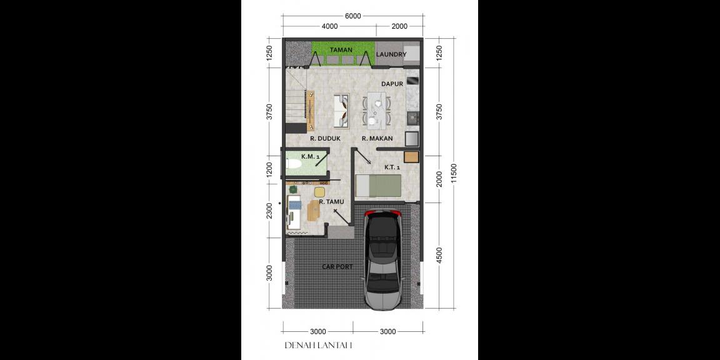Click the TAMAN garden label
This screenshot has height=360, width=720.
pyautogui.click(x=341, y=50)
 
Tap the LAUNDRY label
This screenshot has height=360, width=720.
pyautogui.click(x=391, y=55)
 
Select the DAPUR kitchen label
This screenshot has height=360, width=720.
pyautogui.click(x=392, y=84)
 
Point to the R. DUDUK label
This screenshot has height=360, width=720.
pyautogui.click(x=324, y=139)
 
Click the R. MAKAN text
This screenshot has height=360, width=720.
pyautogui.click(x=377, y=139)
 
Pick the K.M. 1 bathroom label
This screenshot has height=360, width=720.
pyautogui.click(x=311, y=156)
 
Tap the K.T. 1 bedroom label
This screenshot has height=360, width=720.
pyautogui.click(x=392, y=167)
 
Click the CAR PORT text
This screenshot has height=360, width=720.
pyautogui.click(x=337, y=267)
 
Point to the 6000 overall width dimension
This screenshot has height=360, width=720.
pyautogui.click(x=352, y=16)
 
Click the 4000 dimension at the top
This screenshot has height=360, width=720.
pyautogui.click(x=329, y=26)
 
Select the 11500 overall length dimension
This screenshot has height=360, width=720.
pyautogui.click(x=454, y=174)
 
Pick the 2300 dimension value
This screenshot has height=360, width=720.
pyautogui.click(x=269, y=211)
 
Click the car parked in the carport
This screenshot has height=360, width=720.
pyautogui.click(x=382, y=259)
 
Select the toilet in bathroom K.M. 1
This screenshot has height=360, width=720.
pyautogui.click(x=294, y=164)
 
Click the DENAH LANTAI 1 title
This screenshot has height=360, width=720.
pyautogui.click(x=319, y=345)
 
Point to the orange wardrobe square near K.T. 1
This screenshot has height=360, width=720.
pyautogui.click(x=411, y=157)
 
